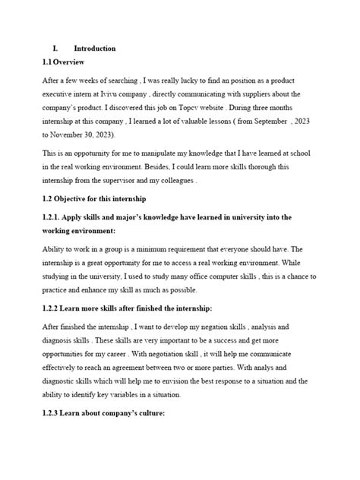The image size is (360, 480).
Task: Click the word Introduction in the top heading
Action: pos(95,48)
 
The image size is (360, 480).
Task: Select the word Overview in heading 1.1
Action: pos(71,62)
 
